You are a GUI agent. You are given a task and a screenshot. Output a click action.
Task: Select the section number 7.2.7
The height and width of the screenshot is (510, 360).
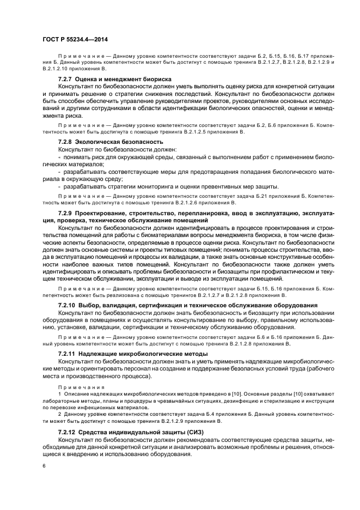click(67, 79)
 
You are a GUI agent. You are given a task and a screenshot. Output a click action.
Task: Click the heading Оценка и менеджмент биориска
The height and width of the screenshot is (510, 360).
click(125, 79)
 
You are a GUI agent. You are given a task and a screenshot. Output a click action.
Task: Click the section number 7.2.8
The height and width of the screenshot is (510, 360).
click(67, 142)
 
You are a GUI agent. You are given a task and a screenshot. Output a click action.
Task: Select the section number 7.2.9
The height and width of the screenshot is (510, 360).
click(67, 212)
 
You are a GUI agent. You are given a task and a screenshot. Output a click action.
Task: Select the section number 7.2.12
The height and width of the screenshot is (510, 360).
click(69, 432)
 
